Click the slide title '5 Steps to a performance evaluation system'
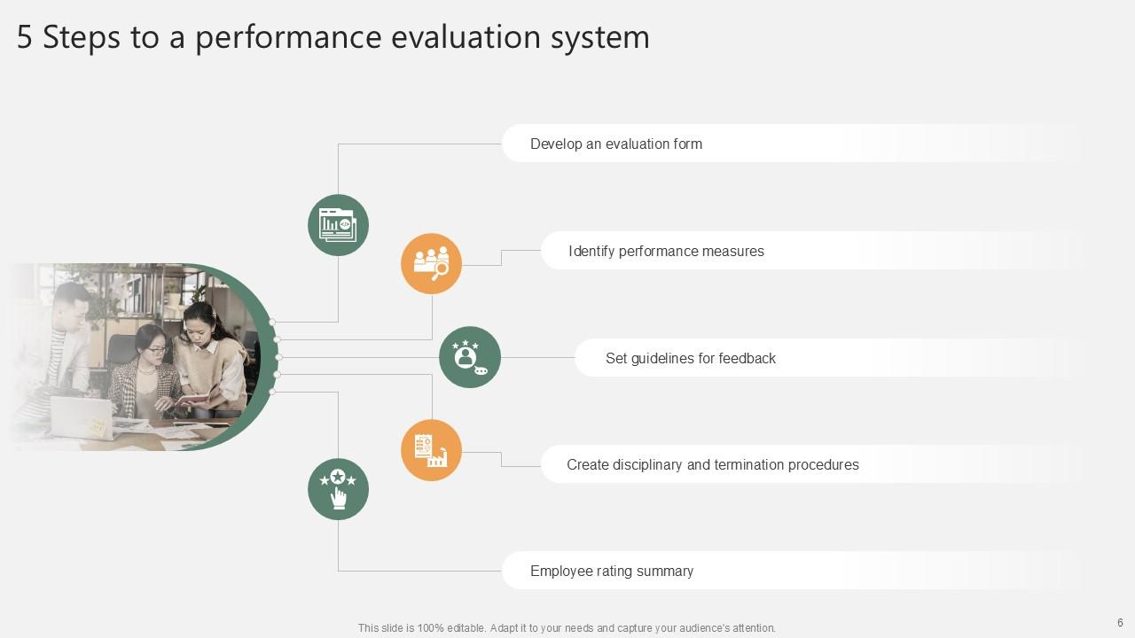pos(333,37)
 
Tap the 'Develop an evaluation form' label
pos(615,144)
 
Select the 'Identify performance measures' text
pos(666,251)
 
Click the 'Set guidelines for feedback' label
pos(690,358)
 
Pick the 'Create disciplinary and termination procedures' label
pos(712,464)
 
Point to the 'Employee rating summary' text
pos(611,571)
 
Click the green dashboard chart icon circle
pos(338,225)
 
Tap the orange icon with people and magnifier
pos(431,263)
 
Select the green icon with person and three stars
pos(470,357)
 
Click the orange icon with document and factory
pos(431,450)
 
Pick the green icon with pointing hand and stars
pos(338,489)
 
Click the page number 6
pos(1120,623)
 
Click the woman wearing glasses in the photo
pos(150,363)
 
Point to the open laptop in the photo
pos(82,417)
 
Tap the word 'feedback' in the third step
pos(747,358)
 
